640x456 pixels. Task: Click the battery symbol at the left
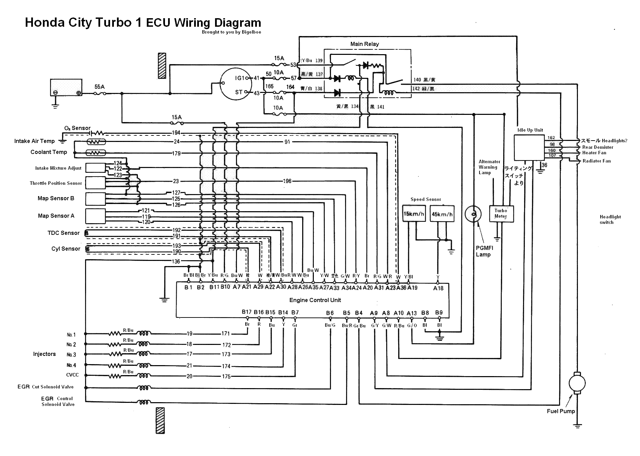66,87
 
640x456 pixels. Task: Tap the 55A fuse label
99,87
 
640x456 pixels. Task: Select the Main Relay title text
364,44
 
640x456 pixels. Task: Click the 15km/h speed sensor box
414,214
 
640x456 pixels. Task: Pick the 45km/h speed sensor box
442,214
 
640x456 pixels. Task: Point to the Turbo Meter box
501,214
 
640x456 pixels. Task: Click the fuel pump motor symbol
577,383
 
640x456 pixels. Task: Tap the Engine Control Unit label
315,300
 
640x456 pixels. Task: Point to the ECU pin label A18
438,288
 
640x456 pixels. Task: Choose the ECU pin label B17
247,312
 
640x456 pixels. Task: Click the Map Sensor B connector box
95,199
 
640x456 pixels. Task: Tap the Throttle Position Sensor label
56,183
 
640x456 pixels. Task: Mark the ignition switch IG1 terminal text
240,78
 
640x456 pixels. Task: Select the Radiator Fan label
596,161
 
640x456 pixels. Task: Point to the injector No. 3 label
71,355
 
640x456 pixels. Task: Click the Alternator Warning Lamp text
489,167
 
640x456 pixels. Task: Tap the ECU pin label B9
439,312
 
